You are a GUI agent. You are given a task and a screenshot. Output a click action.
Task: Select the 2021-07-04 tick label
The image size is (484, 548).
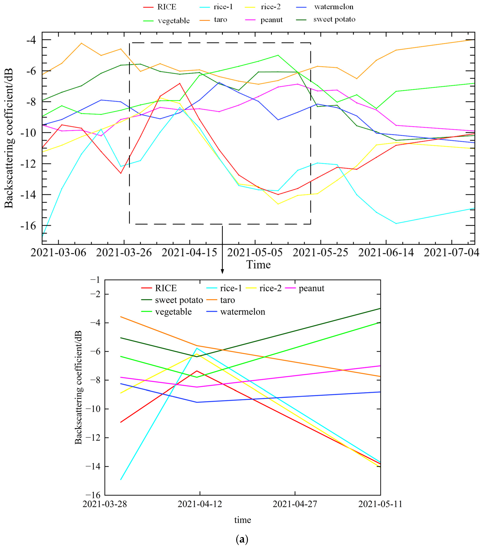pos(451,252)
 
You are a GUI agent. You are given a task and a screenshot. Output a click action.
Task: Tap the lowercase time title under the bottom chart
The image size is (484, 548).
pos(242,520)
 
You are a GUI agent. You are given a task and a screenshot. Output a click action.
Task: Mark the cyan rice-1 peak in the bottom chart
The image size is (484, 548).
pos(197,348)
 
